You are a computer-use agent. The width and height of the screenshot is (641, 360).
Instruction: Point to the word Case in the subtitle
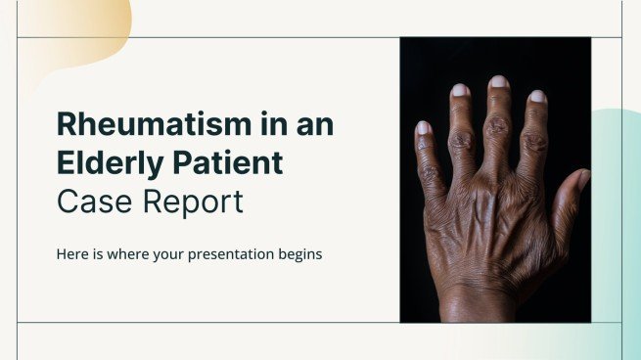tap(90, 202)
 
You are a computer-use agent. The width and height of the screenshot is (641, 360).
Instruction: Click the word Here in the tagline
tap(72, 253)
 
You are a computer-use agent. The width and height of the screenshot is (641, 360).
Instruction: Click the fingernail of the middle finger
tap(498, 82)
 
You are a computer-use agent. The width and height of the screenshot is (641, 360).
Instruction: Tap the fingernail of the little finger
tap(423, 127)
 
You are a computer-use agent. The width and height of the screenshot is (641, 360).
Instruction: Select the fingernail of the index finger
tap(537, 97)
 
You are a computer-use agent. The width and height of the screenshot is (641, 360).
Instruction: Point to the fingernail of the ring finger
tap(460, 90)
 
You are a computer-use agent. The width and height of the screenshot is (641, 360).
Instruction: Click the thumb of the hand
tap(577, 196)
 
